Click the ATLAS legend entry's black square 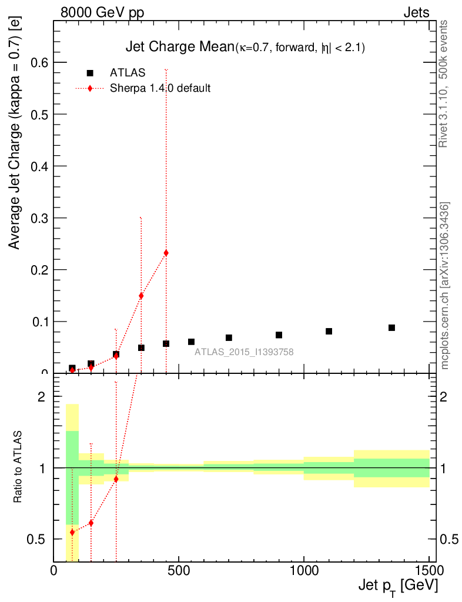coord(90,73)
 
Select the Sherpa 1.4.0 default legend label coord(160,88)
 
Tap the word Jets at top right coord(416,12)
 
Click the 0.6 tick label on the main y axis coord(37,62)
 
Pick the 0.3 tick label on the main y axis coord(37,218)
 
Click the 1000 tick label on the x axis coord(304,570)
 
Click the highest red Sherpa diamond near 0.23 coord(166,253)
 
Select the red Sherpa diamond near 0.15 coord(141,296)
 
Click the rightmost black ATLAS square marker coord(391,327)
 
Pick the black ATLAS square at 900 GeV coord(279,335)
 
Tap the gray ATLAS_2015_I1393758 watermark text coord(245,352)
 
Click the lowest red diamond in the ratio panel coord(72,532)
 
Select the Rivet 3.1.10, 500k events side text coord(444,83)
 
